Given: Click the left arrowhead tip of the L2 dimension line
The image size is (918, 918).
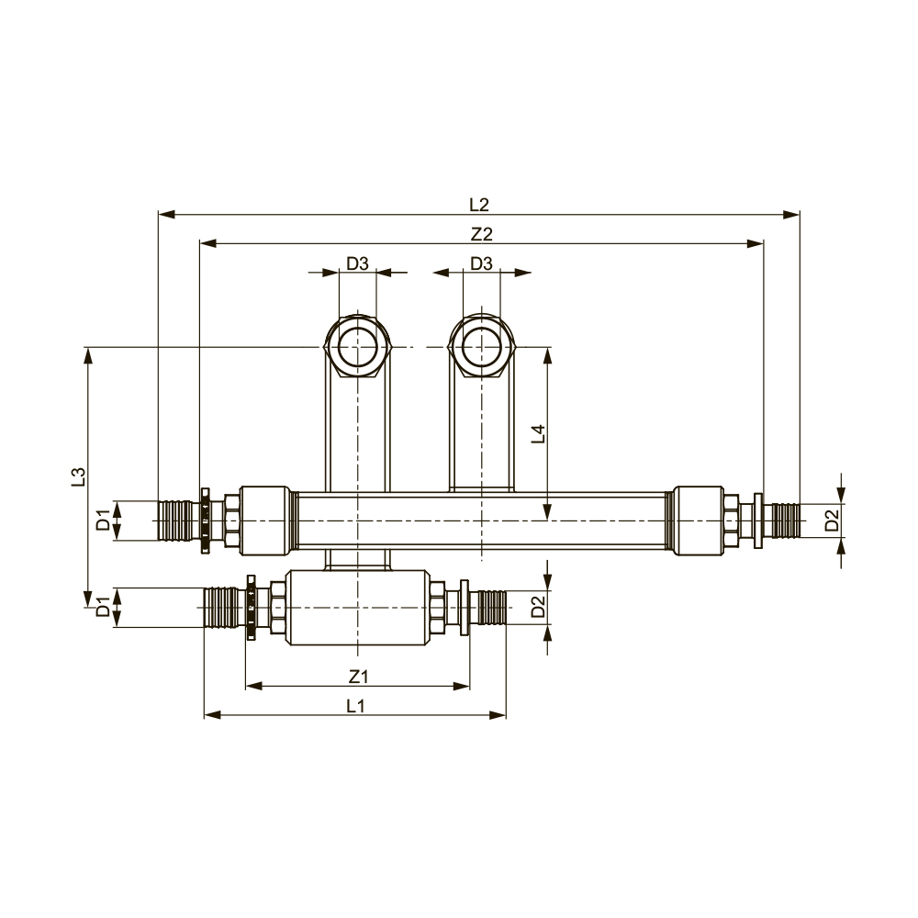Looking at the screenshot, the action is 159,214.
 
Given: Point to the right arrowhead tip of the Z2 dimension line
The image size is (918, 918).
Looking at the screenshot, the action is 764,243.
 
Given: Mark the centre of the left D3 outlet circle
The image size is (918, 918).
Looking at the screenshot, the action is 357,347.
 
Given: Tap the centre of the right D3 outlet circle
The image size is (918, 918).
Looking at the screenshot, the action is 481,347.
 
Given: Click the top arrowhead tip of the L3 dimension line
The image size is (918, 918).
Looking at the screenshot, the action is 88,348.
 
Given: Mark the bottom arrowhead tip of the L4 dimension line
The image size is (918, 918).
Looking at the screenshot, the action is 547,520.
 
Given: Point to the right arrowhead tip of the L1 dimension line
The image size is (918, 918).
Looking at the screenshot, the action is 506,715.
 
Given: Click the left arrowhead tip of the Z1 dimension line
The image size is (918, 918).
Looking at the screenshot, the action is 246,686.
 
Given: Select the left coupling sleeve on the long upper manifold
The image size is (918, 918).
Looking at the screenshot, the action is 265,520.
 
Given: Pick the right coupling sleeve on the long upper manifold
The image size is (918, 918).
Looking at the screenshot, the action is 699,520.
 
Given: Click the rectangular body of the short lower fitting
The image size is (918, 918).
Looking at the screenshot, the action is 358,608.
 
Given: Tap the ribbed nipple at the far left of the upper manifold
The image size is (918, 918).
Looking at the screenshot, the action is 179,520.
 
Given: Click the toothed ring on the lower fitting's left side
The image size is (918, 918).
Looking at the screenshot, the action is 252,608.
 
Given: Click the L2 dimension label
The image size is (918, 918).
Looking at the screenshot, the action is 479,205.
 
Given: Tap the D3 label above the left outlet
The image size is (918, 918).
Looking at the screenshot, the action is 357,263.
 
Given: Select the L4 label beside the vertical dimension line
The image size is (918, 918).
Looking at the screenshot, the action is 538,433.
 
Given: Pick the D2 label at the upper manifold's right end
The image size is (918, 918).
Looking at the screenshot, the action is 832,521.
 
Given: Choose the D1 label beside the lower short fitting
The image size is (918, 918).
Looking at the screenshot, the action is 104,607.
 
